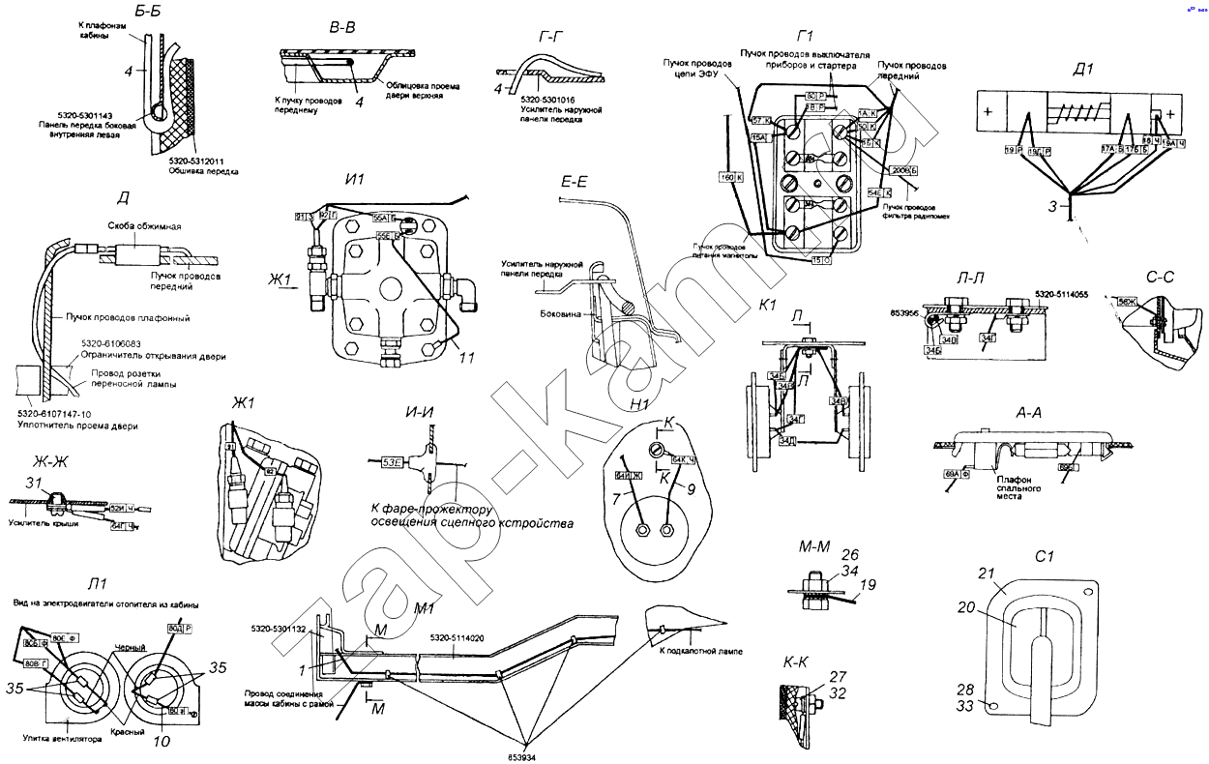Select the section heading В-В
343,28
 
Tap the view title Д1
1083,69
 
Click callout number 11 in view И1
467,358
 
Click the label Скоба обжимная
144,226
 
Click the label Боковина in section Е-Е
563,314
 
